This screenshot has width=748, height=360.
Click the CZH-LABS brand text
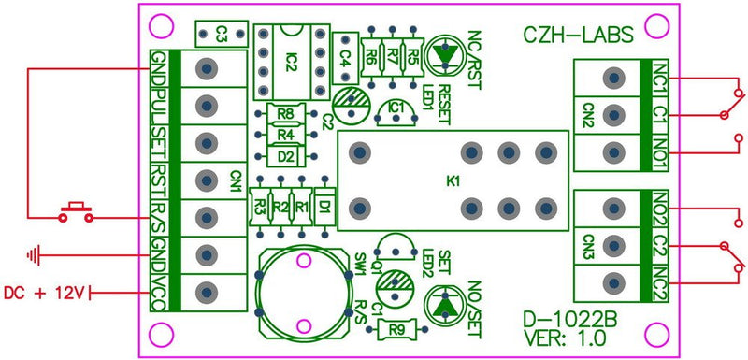pyautogui.click(x=576, y=36)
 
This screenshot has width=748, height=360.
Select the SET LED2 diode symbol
pyautogui.click(x=446, y=305)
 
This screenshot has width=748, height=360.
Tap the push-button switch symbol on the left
pyautogui.click(x=76, y=211)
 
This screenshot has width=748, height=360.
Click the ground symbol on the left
pyautogui.click(x=36, y=253)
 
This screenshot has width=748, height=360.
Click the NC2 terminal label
pyautogui.click(x=660, y=281)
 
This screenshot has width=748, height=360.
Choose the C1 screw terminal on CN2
pyautogui.click(x=613, y=113)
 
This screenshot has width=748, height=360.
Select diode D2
pyautogui.click(x=286, y=155)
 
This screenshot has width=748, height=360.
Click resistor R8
pyautogui.click(x=286, y=116)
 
